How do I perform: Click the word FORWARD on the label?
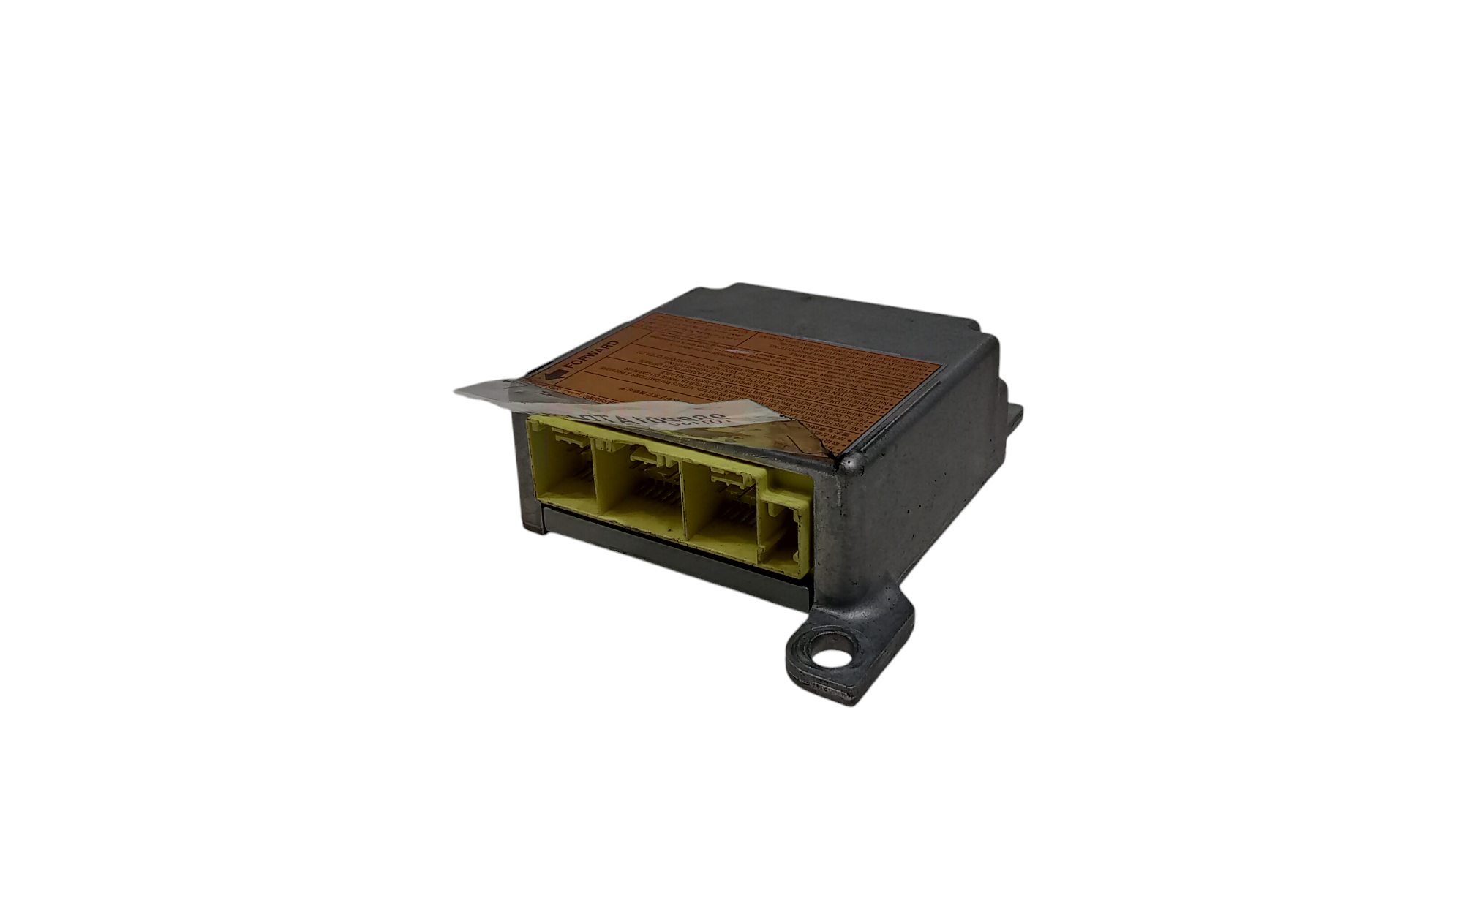tap(589, 356)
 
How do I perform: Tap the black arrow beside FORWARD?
tap(557, 374)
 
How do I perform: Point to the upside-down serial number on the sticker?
tap(644, 418)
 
